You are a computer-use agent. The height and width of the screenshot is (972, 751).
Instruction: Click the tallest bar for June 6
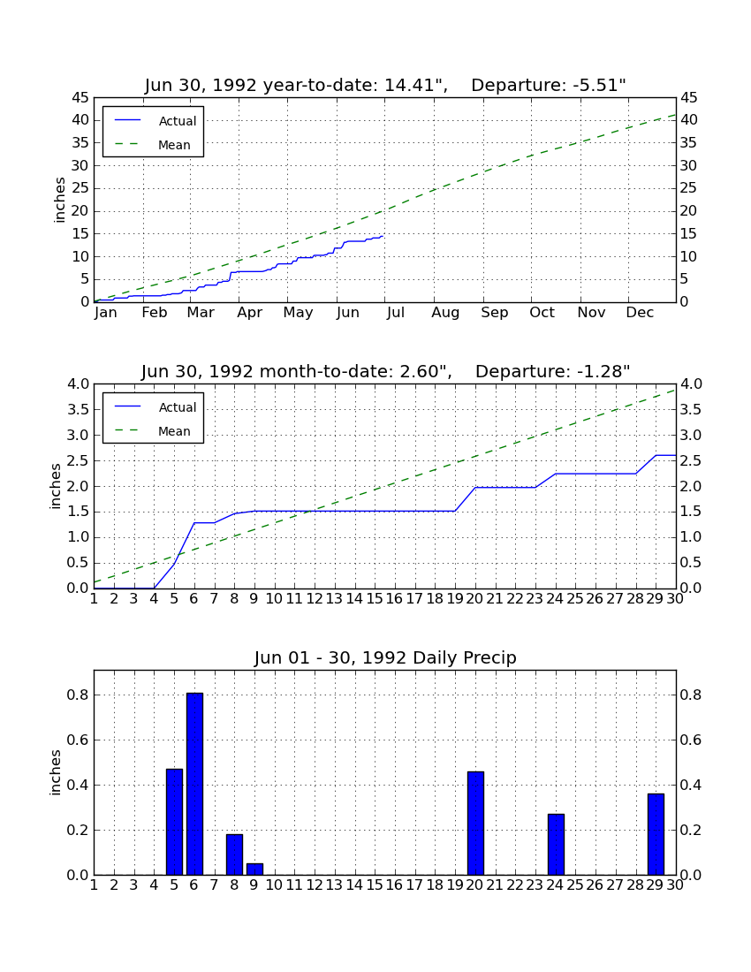(194, 784)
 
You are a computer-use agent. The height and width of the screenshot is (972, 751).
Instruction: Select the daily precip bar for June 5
(174, 822)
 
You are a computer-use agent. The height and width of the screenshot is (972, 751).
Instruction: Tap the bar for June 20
(475, 824)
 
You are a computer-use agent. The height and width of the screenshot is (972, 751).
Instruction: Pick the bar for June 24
(556, 844)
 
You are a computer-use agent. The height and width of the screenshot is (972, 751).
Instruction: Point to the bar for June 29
(656, 834)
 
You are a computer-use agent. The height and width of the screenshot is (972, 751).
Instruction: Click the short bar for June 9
(254, 869)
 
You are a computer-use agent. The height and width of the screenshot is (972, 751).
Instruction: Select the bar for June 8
(234, 854)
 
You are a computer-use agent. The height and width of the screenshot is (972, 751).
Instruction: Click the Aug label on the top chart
(445, 313)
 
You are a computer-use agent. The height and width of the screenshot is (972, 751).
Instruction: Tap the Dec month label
(640, 313)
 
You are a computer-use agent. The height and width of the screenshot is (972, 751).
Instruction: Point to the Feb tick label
(155, 313)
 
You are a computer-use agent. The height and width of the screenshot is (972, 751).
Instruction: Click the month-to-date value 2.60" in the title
(424, 372)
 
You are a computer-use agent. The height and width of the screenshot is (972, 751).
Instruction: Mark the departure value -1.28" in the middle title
(600, 372)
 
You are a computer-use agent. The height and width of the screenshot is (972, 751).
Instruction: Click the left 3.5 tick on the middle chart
(78, 410)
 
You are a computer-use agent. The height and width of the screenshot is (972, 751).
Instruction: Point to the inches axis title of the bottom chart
(56, 772)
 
